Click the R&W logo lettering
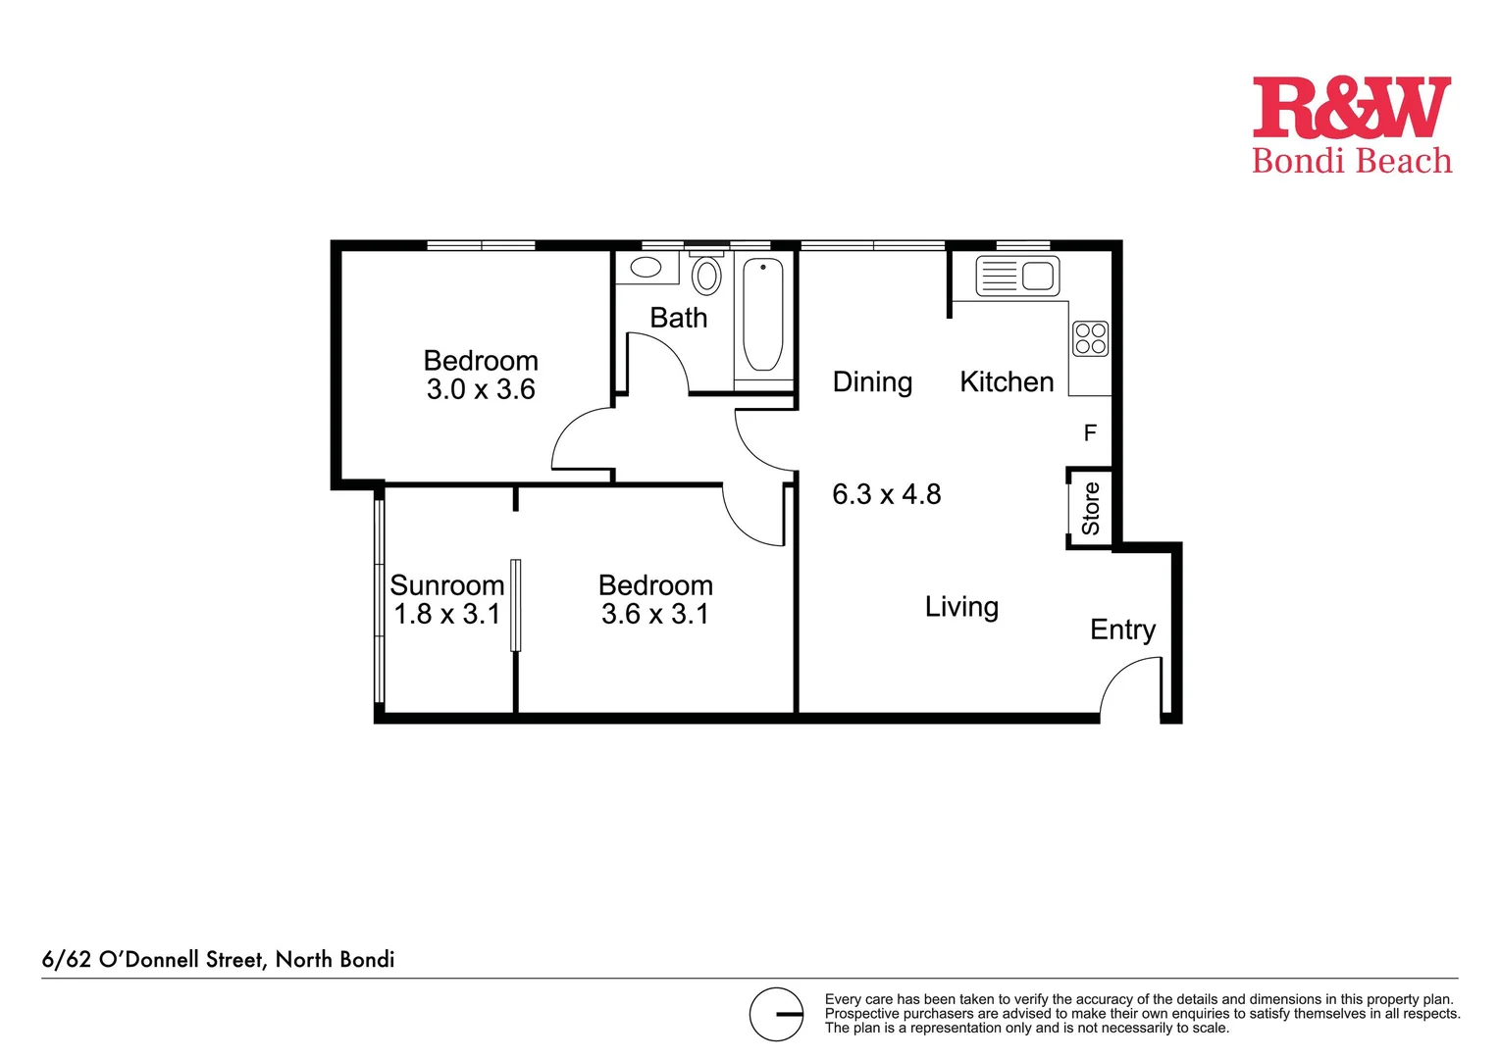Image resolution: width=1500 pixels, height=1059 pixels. click(1351, 108)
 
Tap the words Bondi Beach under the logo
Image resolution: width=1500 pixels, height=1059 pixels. click(1351, 161)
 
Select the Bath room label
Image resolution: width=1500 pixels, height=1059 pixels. click(678, 318)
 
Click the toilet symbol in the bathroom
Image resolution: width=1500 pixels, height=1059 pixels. click(706, 276)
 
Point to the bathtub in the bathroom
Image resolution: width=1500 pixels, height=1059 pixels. click(762, 315)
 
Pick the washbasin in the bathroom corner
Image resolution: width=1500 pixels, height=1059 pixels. click(645, 267)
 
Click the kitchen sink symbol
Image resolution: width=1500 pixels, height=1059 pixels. click(1017, 276)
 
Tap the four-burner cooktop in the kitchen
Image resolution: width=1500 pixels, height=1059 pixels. click(1090, 338)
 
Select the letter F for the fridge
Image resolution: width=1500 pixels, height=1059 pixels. click(1089, 432)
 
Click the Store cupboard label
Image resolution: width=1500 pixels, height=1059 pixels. click(1090, 508)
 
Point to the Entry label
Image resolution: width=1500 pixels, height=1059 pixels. click(1122, 630)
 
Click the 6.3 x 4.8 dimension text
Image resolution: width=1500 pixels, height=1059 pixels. click(886, 494)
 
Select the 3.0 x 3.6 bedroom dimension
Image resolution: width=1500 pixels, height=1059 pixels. click(481, 389)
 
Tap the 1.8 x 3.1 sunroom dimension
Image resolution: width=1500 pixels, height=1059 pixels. click(446, 614)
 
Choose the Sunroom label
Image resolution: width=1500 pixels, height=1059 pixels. click(446, 585)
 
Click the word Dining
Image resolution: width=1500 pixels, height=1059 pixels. click(872, 381)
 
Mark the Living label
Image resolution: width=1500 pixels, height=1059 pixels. click(961, 607)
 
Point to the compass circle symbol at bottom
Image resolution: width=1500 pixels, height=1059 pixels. click(776, 1014)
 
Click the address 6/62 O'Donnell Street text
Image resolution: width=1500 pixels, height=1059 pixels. click(218, 959)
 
